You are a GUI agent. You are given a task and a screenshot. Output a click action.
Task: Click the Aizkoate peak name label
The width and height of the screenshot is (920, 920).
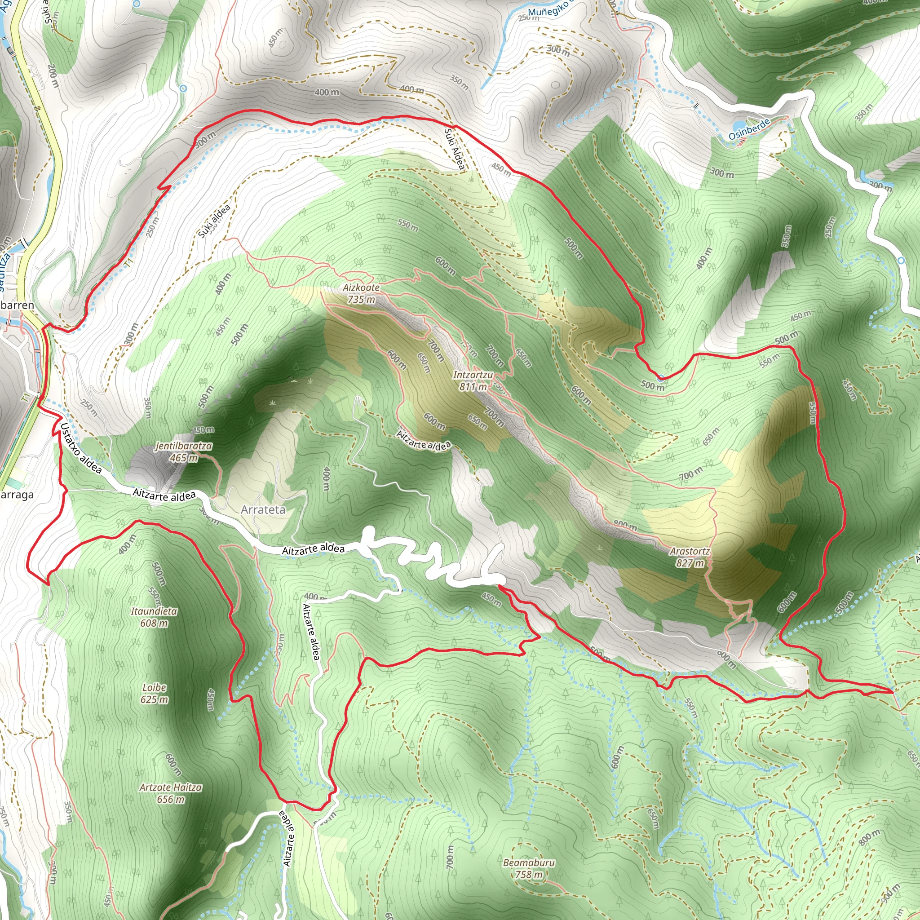[x=361, y=287]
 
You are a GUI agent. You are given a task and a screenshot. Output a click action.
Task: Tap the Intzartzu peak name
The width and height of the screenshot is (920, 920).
[x=473, y=375]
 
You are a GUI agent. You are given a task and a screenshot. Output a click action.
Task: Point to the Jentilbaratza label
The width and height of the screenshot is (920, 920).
[x=183, y=446]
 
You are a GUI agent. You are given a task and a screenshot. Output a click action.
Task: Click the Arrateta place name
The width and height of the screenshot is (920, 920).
[x=263, y=509]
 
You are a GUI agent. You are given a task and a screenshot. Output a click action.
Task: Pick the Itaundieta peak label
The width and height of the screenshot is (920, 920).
[x=154, y=611]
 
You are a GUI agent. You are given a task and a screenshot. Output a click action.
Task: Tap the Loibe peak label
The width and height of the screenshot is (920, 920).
[x=154, y=688]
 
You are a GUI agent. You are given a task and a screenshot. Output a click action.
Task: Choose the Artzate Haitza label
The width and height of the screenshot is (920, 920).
[x=170, y=787]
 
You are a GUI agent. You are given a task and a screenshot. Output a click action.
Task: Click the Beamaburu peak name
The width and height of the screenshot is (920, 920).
[x=529, y=863]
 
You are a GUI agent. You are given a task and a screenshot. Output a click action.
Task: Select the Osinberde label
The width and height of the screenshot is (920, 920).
[x=749, y=129]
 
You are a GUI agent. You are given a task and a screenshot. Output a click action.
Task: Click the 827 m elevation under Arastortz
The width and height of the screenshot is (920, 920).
[x=690, y=563]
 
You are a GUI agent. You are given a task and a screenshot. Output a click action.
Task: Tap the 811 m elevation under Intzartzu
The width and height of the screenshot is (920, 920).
[x=473, y=387]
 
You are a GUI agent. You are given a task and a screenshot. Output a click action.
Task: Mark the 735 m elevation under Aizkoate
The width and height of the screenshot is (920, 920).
[x=361, y=300]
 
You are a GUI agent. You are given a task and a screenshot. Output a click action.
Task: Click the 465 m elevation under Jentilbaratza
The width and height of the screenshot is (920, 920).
[x=183, y=458]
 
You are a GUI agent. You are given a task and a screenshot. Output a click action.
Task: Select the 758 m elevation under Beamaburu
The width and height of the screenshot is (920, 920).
[x=529, y=875]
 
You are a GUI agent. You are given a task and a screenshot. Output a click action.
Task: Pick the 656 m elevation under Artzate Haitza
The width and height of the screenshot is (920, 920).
[x=170, y=800]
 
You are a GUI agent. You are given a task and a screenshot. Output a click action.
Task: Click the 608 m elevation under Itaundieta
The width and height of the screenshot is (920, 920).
[x=154, y=623]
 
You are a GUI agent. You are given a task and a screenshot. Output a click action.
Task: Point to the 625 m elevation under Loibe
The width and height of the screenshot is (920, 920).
[x=154, y=699]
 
